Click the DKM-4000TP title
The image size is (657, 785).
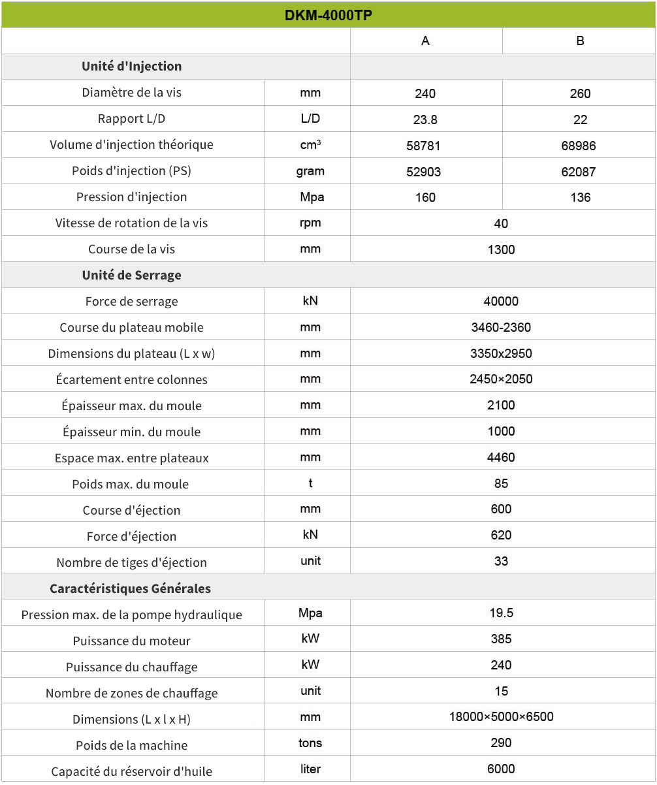(328, 15)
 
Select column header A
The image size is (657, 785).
(425, 40)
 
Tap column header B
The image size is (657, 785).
(580, 40)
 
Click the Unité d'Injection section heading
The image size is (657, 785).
(132, 66)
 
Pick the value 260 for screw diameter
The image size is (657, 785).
(580, 93)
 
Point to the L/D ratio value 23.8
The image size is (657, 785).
(425, 120)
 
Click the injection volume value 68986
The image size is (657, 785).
(580, 146)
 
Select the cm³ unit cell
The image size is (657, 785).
(310, 145)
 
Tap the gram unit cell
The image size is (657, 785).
(310, 171)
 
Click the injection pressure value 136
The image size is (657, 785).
(580, 197)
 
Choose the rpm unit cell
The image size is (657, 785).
(310, 223)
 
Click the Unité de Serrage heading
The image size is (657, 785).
(132, 275)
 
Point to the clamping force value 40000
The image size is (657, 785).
(501, 301)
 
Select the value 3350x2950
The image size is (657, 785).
(501, 353)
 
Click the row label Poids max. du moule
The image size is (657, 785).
(131, 484)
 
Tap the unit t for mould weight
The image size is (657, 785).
(310, 483)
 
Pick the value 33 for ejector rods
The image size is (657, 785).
(501, 561)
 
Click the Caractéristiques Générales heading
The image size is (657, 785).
(131, 588)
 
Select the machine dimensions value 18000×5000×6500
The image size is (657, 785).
(501, 716)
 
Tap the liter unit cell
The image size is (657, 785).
(310, 769)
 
